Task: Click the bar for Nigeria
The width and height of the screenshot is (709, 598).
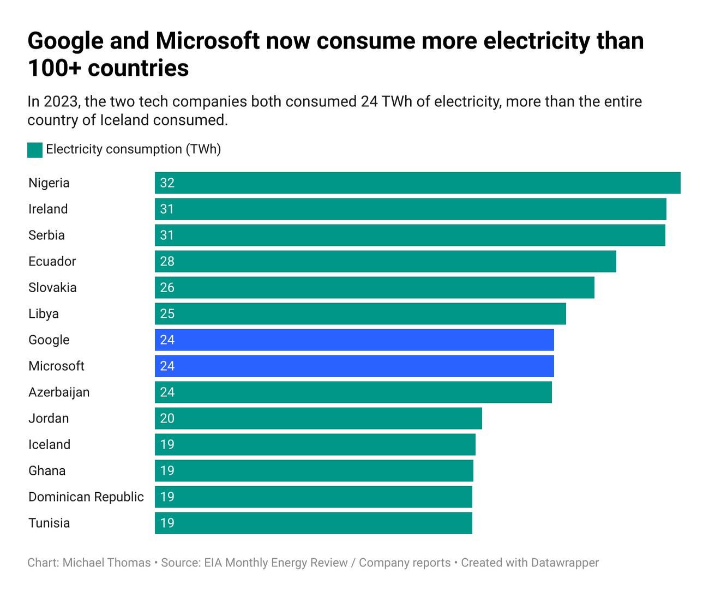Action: click(x=417, y=183)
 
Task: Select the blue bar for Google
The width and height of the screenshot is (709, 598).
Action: click(x=354, y=340)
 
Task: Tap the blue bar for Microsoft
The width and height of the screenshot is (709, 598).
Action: click(x=354, y=366)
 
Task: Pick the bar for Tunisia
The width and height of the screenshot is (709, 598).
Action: click(x=314, y=523)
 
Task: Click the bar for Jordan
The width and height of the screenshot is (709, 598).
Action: click(x=319, y=418)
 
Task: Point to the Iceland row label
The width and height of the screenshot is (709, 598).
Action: click(x=49, y=444)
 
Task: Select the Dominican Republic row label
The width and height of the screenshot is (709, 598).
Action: click(x=86, y=497)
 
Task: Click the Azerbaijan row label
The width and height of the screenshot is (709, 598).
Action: click(x=59, y=392)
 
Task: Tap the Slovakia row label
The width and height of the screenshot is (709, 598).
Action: click(x=52, y=287)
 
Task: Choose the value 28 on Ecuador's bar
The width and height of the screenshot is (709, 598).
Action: click(x=167, y=261)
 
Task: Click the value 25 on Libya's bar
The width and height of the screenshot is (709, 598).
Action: click(x=167, y=313)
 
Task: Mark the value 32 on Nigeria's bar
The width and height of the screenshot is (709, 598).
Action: click(x=167, y=183)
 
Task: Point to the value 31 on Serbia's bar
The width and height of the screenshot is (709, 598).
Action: click(x=167, y=235)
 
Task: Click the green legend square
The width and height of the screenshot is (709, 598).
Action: click(x=35, y=150)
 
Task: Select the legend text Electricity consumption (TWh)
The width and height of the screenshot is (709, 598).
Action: click(x=134, y=149)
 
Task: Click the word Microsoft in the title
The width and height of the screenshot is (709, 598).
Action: click(x=208, y=41)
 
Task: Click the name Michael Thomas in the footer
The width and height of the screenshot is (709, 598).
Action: click(x=106, y=563)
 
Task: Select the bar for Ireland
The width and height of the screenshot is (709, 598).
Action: click(x=410, y=209)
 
